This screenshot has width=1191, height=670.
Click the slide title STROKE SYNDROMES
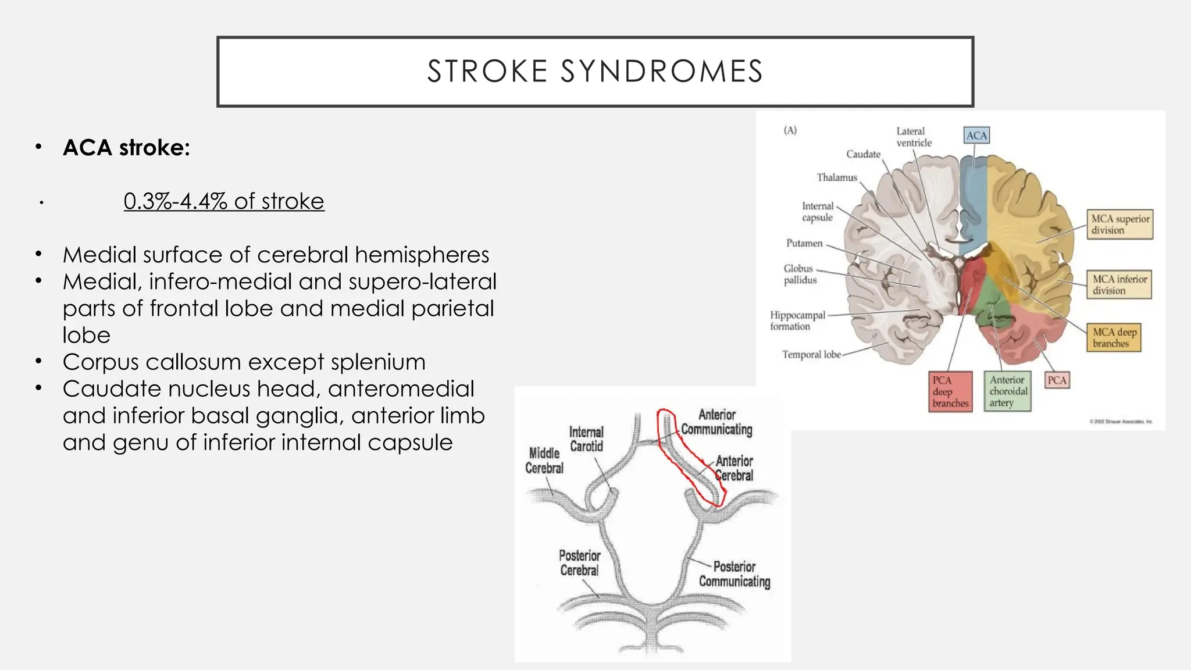pos(595,72)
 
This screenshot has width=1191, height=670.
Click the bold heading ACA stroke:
pos(126,148)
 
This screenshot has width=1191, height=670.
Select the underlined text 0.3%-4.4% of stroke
pos(224,201)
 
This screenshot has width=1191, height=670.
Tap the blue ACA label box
pos(976,136)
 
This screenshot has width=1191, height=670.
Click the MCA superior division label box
pos(1119,224)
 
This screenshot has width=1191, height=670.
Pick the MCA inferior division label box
pos(1119,284)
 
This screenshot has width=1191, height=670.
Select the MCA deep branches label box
pos(1114,337)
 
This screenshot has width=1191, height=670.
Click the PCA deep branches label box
pos(950,391)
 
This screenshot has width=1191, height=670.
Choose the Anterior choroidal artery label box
pos(1008,391)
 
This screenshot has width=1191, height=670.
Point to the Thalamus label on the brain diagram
pos(837,177)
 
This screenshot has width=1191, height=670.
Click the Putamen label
pos(804,243)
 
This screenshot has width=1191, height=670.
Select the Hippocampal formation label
pos(797,320)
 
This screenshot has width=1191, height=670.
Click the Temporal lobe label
pos(811,354)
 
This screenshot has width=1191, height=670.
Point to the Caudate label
pos(863,154)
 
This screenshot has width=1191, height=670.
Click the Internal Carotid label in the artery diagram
pos(586,439)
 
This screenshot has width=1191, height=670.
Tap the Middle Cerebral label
pos(544,461)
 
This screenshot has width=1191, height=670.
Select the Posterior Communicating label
pos(734,574)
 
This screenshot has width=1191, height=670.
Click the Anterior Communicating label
pos(716,422)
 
